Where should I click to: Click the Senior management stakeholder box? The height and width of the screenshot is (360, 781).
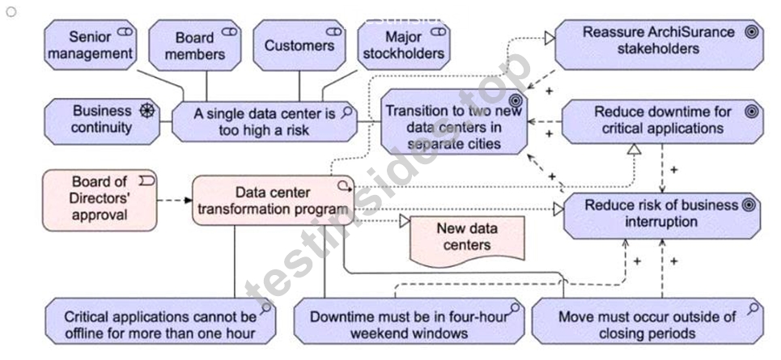(x=90, y=44)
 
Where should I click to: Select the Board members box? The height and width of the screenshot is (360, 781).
(x=195, y=44)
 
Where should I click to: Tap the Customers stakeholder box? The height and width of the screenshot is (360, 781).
(x=299, y=44)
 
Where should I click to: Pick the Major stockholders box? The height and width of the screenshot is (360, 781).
(x=404, y=44)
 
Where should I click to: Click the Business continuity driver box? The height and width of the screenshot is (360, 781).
(x=102, y=121)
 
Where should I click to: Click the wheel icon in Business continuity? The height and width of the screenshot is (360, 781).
(x=147, y=111)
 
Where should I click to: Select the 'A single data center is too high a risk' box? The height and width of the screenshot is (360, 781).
(x=265, y=121)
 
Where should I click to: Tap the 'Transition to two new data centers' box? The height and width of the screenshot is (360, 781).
(x=454, y=121)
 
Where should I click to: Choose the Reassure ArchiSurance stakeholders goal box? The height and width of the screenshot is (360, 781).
(x=659, y=44)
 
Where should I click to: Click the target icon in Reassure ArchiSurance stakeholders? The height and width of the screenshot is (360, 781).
(x=752, y=32)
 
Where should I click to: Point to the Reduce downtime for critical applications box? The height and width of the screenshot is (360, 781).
(x=663, y=121)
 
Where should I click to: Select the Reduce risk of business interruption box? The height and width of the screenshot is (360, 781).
(x=662, y=216)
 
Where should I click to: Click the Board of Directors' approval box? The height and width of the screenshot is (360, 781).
(x=100, y=200)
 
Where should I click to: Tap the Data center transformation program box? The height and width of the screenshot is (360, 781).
(x=273, y=200)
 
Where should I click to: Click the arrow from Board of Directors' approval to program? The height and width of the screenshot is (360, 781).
(x=174, y=200)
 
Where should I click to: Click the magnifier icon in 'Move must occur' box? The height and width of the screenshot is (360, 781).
(x=753, y=309)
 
